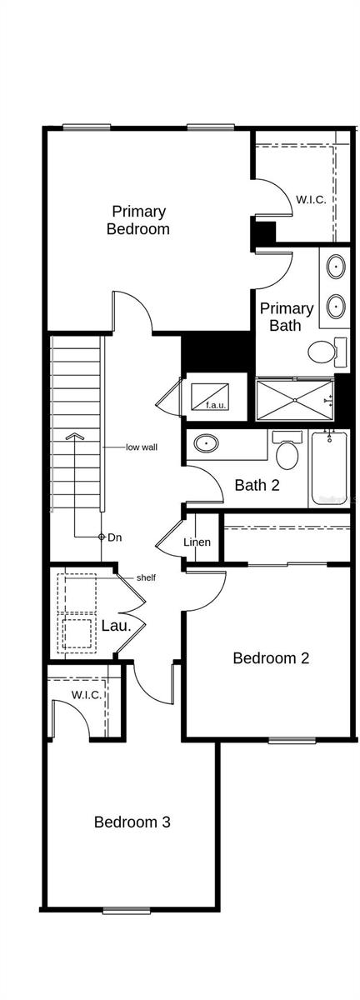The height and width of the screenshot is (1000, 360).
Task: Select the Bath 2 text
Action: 257,485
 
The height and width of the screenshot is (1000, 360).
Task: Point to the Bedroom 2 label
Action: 271,658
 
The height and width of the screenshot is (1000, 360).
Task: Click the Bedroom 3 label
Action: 132,822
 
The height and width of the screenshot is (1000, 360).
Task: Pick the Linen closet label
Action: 197,543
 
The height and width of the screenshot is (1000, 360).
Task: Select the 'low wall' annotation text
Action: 142,447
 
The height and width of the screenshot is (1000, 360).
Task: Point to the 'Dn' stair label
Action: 114,537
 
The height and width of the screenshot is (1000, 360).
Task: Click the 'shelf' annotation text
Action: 147,577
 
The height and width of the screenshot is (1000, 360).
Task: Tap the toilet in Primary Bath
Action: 321,353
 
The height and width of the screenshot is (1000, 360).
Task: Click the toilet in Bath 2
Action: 287,454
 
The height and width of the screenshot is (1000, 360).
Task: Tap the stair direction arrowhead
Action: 75,435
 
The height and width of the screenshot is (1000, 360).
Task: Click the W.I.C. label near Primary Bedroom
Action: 310,200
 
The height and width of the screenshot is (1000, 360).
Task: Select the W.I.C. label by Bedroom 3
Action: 86,694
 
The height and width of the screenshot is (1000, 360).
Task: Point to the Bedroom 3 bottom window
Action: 126,911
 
